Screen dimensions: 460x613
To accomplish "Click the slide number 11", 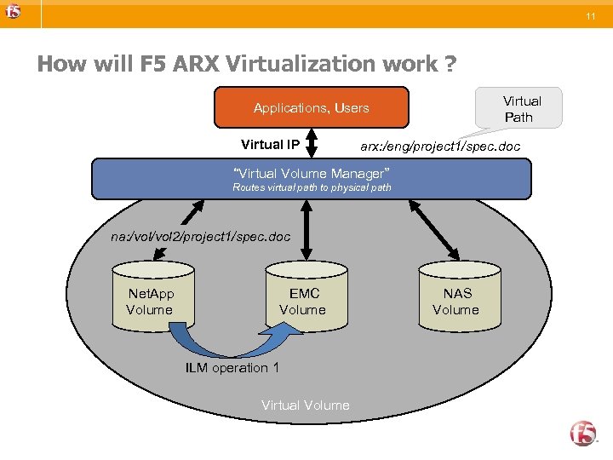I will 589,17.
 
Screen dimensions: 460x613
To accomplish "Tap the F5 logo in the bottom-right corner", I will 583,433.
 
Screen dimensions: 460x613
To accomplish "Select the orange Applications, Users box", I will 311,108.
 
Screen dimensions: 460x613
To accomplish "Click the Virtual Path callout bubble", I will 520,109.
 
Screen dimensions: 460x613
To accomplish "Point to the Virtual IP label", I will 270,145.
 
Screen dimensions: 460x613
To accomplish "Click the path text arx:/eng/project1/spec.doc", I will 440,147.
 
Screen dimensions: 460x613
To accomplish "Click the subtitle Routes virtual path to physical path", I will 312,187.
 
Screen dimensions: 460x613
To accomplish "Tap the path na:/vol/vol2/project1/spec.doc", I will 201,235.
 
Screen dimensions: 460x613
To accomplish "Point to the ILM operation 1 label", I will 232,368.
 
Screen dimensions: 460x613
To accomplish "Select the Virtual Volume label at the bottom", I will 305,405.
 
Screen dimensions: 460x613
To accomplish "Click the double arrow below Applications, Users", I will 312,143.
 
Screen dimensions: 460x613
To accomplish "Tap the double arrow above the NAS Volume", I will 438,225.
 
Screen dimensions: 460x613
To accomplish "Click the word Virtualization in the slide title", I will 267,64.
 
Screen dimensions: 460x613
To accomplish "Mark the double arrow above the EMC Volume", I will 304,229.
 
